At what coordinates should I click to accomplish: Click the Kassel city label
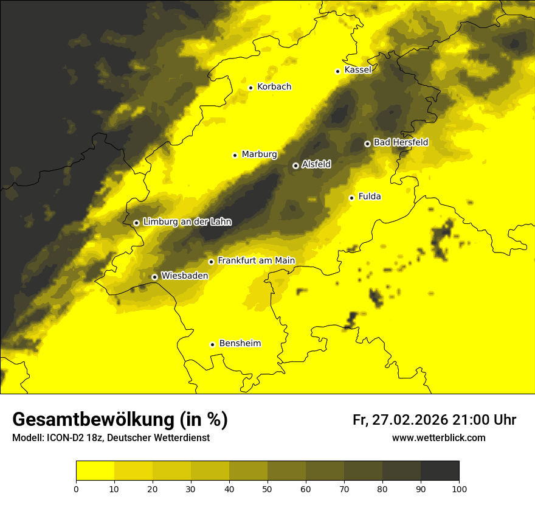point(357,70)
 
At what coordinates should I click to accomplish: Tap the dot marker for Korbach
point(250,88)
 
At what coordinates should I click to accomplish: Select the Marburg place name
point(259,155)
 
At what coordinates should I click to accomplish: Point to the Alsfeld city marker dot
point(295,165)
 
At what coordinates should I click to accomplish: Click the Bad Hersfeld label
point(401,142)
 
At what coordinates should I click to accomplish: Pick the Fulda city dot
point(351,198)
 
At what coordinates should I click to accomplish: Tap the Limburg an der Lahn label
point(187,222)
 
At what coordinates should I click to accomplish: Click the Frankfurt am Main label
point(256,260)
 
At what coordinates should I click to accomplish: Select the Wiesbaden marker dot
point(155,277)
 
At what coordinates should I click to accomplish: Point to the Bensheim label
point(240,344)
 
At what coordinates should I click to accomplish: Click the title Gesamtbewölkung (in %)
point(120,420)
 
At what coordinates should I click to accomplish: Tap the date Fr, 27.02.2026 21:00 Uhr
point(434,420)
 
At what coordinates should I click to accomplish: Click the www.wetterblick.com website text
point(438,437)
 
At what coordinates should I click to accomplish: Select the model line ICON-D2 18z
point(111,437)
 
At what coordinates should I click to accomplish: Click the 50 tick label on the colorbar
point(267,489)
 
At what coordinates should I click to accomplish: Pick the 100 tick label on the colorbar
point(459,489)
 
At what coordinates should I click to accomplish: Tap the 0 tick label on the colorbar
point(76,489)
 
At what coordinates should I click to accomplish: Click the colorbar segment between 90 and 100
point(440,471)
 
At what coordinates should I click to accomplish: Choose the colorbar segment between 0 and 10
point(95,471)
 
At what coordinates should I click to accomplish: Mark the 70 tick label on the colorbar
point(344,489)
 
